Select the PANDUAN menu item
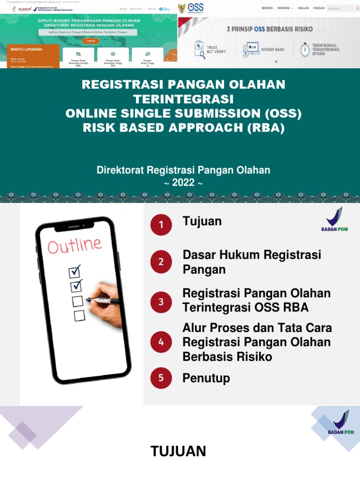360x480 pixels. [319, 8]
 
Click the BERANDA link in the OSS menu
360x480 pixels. [267, 8]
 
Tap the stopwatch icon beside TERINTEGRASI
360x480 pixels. [305, 49]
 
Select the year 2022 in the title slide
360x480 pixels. [183, 182]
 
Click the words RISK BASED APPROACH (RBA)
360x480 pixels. [184, 128]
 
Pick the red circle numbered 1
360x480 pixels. [161, 225]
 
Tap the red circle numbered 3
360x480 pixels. [161, 302]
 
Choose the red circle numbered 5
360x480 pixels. [161, 378]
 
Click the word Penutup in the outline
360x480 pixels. [206, 378]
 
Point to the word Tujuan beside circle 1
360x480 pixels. [202, 221]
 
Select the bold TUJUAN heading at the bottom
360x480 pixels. [178, 451]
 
